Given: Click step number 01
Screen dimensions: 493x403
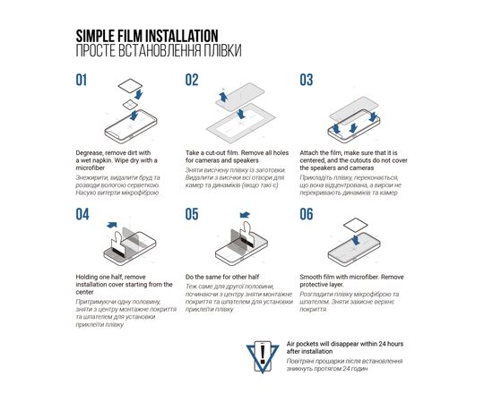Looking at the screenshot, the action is pyautogui.click(x=81, y=80).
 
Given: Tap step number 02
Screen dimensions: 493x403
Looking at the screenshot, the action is pyautogui.click(x=192, y=80).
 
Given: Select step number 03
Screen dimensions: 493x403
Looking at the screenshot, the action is pyautogui.click(x=307, y=80).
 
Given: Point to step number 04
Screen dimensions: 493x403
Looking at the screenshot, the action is pyautogui.click(x=82, y=214).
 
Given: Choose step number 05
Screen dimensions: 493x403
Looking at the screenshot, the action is pyautogui.click(x=192, y=214).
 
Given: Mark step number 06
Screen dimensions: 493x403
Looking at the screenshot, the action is pyautogui.click(x=307, y=214).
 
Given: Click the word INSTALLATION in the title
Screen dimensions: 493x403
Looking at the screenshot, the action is pyautogui.click(x=182, y=36).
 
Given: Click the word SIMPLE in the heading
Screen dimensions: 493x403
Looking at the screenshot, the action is pyautogui.click(x=95, y=36).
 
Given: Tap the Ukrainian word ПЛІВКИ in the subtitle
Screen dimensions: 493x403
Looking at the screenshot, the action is pyautogui.click(x=222, y=51).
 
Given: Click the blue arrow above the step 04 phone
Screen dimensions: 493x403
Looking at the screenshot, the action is pyautogui.click(x=112, y=225).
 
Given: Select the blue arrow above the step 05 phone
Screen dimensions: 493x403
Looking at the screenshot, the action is pyautogui.click(x=245, y=215).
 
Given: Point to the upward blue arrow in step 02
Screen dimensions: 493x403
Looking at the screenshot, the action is pyautogui.click(x=223, y=96).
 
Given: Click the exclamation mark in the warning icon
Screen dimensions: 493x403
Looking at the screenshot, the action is pyautogui.click(x=263, y=354).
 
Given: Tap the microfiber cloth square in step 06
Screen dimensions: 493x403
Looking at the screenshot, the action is pyautogui.click(x=355, y=225).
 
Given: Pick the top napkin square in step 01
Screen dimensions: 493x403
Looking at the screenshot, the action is pyautogui.click(x=130, y=86).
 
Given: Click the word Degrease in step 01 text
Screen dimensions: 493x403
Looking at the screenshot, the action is pyautogui.click(x=90, y=153).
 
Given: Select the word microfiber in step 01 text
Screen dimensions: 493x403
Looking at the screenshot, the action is pyautogui.click(x=91, y=167).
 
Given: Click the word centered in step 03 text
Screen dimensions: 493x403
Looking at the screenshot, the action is pyautogui.click(x=313, y=160).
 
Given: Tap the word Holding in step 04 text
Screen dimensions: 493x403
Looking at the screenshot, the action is pyautogui.click(x=86, y=278).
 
